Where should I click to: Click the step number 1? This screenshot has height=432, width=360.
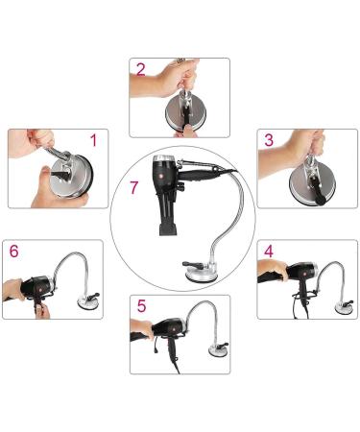coord(92,140)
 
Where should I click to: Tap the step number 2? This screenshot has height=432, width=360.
coord(141,69)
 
